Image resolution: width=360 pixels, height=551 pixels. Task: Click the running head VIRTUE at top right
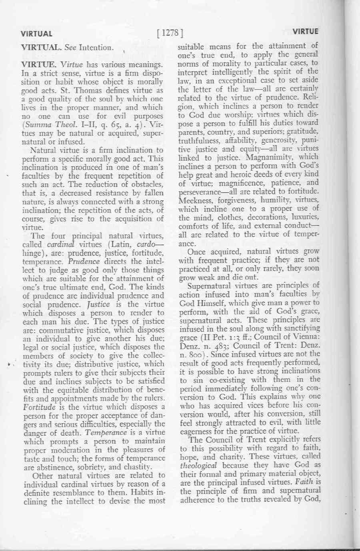coord(305,32)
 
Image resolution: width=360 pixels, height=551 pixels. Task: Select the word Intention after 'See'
coord(96,48)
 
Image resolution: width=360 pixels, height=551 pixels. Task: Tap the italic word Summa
coord(36,125)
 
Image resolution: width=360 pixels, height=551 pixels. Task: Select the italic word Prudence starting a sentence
coord(84,262)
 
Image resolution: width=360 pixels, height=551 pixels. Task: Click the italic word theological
coord(198,465)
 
